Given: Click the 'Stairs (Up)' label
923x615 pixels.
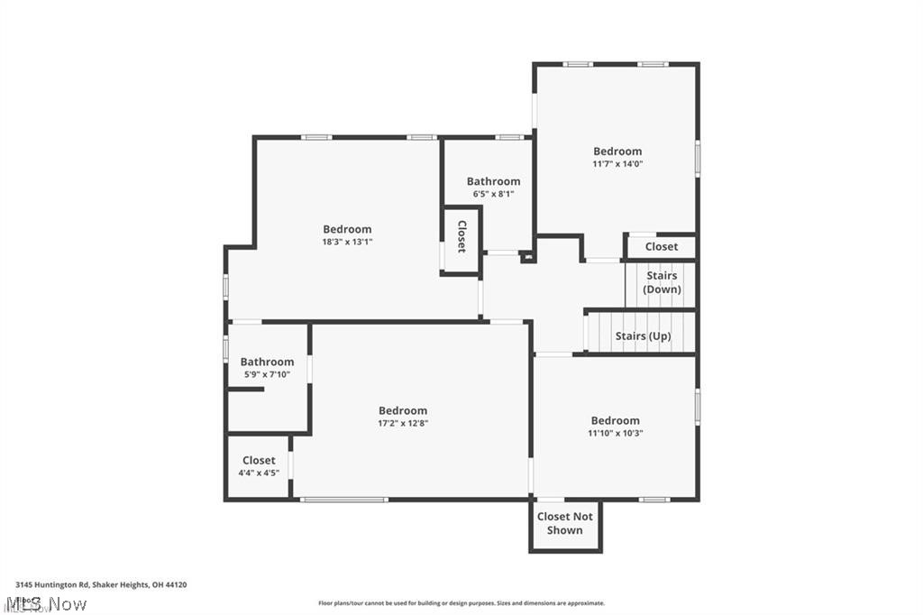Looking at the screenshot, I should [x=643, y=336].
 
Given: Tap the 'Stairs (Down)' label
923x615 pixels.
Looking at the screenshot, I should [x=662, y=282].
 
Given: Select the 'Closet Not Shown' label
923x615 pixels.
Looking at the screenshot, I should [x=565, y=523].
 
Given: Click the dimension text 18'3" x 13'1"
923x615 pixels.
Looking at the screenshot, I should [x=347, y=242].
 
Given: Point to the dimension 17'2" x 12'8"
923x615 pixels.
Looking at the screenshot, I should [x=402, y=423].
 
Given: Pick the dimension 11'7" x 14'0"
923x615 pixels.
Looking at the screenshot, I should [x=617, y=164].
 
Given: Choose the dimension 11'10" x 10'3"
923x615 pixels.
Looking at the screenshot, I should [x=616, y=433].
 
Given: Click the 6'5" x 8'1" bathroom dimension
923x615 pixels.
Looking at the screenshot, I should [x=493, y=194].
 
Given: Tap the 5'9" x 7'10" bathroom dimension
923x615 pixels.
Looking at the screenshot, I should [x=267, y=374].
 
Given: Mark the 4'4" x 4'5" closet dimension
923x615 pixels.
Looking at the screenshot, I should [x=259, y=473].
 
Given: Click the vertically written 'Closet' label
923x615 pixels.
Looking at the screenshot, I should [x=461, y=236].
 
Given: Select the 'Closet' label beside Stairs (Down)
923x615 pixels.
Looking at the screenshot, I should [x=661, y=246].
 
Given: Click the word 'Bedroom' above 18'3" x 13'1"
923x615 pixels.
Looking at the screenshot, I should [x=347, y=229].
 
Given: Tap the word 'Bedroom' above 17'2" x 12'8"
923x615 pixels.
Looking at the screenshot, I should [x=402, y=410].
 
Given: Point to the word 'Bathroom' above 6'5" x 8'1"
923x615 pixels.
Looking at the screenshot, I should [x=493, y=181].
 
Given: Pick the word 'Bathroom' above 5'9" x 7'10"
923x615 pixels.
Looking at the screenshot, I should [x=267, y=362].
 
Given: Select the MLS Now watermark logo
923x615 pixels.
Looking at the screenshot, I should [x=45, y=602].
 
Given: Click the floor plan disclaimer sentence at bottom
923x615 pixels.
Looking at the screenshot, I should [x=461, y=603].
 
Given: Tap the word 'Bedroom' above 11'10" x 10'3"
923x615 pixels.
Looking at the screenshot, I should [x=616, y=420].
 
